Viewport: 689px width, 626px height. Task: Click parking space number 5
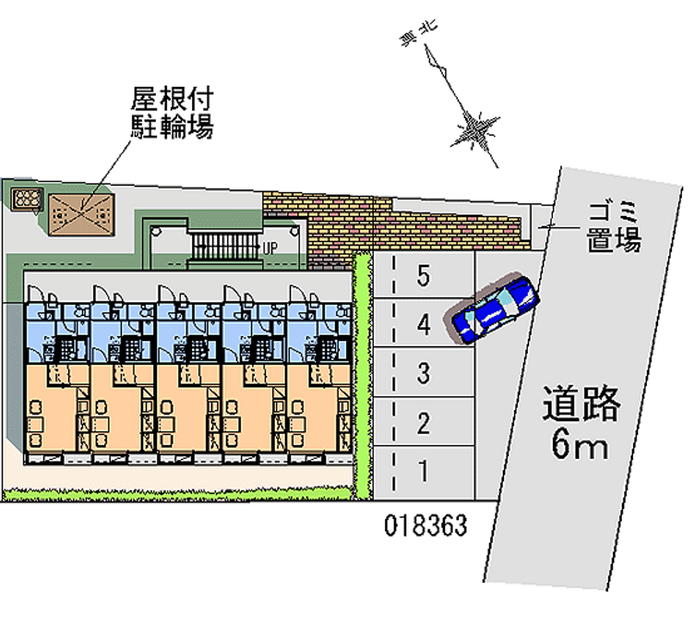(x=423, y=276)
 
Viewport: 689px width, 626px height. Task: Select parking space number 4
(x=423, y=325)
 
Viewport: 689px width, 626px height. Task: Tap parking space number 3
(x=423, y=374)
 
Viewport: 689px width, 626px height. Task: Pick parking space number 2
(x=423, y=423)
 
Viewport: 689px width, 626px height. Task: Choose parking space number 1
(x=423, y=471)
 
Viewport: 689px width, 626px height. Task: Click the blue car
(x=495, y=308)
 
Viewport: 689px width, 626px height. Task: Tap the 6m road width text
(x=580, y=445)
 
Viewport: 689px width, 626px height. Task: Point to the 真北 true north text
(x=419, y=34)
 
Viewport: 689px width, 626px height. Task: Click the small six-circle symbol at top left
(x=26, y=200)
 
